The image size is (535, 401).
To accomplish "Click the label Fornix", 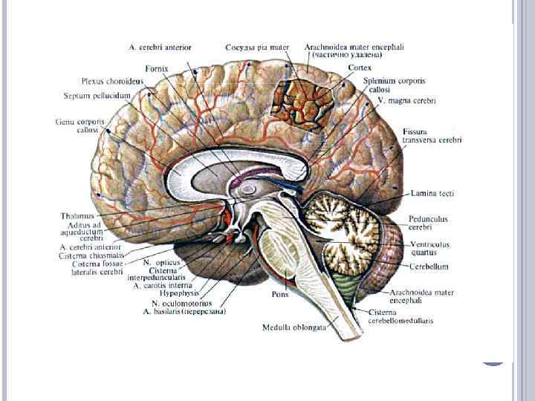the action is pyautogui.click(x=157, y=68).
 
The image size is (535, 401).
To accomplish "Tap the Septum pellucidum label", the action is pyautogui.click(x=97, y=95).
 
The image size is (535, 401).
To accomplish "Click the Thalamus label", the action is pyautogui.click(x=77, y=216).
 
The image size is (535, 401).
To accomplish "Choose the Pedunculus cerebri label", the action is pyautogui.click(x=427, y=223).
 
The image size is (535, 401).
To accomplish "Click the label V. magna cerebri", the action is pyautogui.click(x=406, y=100).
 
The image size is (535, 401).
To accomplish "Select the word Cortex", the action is pyautogui.click(x=359, y=68).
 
